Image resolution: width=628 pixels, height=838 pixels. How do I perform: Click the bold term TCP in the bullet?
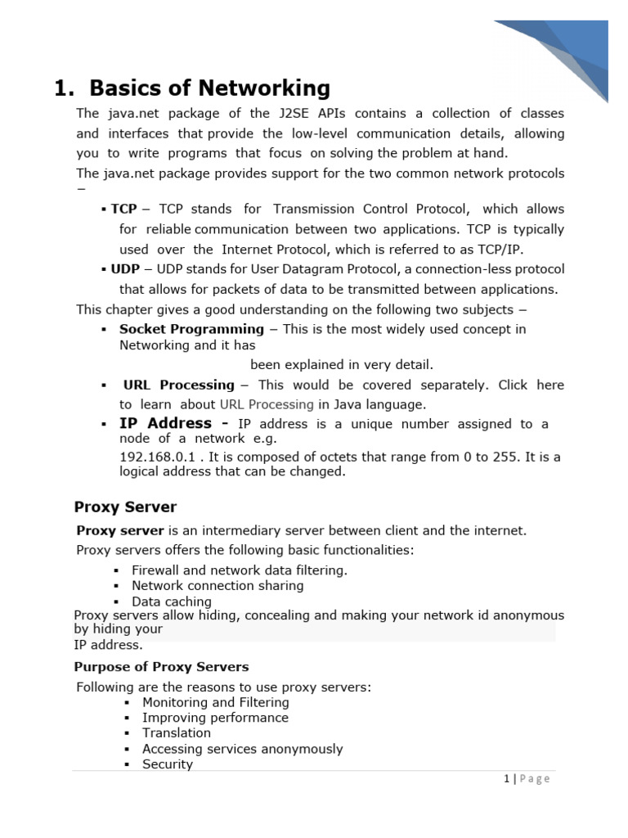[123, 209]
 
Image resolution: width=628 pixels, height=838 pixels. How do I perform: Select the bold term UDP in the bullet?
[125, 268]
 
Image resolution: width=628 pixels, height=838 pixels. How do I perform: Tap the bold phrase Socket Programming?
[191, 329]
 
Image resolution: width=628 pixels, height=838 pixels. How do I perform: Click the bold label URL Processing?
[178, 385]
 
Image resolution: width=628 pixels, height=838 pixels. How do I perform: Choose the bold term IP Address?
[165, 423]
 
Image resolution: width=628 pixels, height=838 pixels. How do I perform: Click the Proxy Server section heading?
[125, 507]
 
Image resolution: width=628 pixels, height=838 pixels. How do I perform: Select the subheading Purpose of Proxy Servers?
[162, 667]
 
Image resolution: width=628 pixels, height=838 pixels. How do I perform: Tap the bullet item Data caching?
[172, 601]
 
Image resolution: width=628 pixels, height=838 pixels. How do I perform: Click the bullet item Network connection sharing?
[218, 586]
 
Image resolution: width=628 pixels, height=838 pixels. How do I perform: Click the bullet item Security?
[168, 764]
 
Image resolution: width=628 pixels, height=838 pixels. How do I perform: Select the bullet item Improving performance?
[215, 718]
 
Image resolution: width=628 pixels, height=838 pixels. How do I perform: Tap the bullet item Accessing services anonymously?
[242, 749]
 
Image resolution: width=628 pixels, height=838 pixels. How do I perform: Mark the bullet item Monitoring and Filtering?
[216, 702]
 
